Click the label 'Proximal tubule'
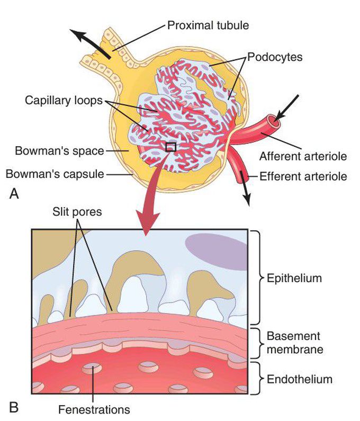(x=208, y=25)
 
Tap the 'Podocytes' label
(x=275, y=57)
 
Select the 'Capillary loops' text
(x=64, y=101)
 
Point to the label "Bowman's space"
(x=59, y=150)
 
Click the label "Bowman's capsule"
(x=55, y=174)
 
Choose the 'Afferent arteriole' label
(x=303, y=156)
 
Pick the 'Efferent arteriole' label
(x=303, y=176)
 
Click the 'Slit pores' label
(x=77, y=212)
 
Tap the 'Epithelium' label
(x=294, y=278)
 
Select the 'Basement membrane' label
(x=295, y=343)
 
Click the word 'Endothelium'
(x=300, y=379)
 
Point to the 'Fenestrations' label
(x=94, y=410)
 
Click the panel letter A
(x=14, y=193)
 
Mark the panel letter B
(x=14, y=407)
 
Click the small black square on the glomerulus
(x=171, y=147)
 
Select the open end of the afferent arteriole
(x=273, y=122)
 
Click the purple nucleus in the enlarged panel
(x=216, y=252)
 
